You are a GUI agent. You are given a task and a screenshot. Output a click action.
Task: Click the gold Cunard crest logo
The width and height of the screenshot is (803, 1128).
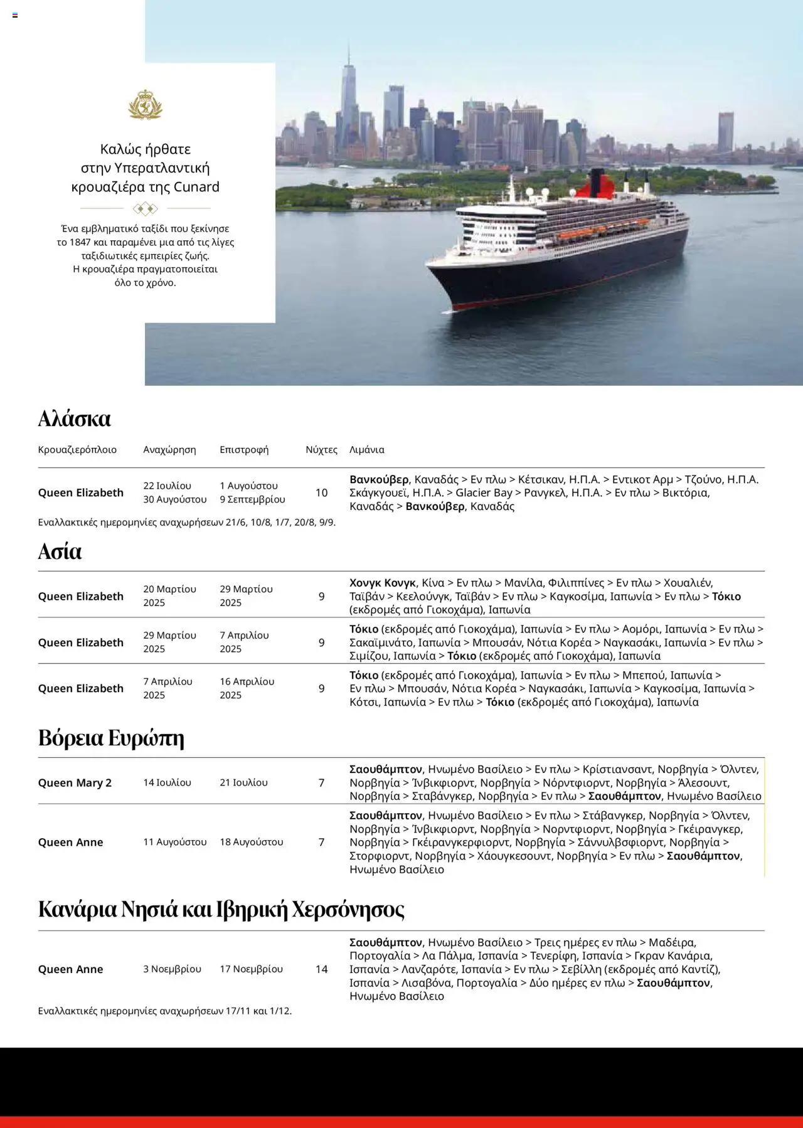tap(145, 105)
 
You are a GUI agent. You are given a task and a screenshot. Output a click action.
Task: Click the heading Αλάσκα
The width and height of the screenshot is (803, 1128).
tap(74, 418)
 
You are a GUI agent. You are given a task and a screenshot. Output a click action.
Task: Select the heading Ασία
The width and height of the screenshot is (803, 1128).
tap(60, 551)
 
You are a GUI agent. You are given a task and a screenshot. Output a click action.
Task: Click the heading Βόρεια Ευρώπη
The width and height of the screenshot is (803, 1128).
tap(111, 738)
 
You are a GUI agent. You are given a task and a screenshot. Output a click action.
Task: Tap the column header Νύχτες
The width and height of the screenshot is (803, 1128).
tap(321, 450)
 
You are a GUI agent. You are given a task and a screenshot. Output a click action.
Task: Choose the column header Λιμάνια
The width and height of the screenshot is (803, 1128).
tap(367, 450)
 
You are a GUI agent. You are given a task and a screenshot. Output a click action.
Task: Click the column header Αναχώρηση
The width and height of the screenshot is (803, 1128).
tap(169, 450)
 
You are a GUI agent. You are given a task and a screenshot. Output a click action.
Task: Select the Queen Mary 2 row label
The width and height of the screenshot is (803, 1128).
tap(75, 782)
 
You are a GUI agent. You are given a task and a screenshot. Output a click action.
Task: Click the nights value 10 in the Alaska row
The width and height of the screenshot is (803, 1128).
tap(321, 492)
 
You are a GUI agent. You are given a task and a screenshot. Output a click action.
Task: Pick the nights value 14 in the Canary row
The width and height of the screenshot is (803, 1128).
tap(321, 969)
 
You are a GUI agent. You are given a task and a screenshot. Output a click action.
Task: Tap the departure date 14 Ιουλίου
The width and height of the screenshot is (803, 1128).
tap(167, 782)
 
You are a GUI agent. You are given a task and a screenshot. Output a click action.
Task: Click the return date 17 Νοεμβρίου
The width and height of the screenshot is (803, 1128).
tap(251, 969)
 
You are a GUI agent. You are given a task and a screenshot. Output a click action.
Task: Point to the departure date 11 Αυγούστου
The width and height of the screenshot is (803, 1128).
tap(174, 842)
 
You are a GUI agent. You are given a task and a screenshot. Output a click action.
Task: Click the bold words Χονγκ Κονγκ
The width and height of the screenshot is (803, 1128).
tap(383, 583)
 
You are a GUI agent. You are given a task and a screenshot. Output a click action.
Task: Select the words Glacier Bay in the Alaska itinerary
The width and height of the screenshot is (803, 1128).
tap(484, 492)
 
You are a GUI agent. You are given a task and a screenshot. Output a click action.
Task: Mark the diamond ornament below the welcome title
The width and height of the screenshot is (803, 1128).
tap(145, 208)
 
